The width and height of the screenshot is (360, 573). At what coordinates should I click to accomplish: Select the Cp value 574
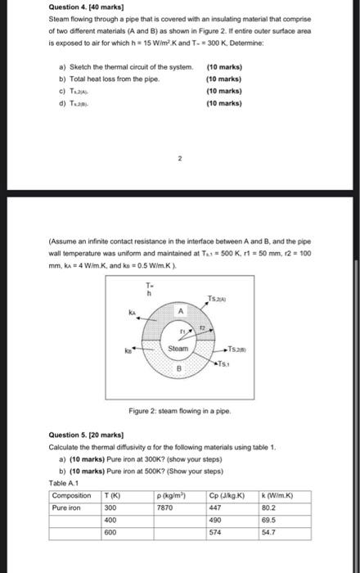point(215,532)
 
